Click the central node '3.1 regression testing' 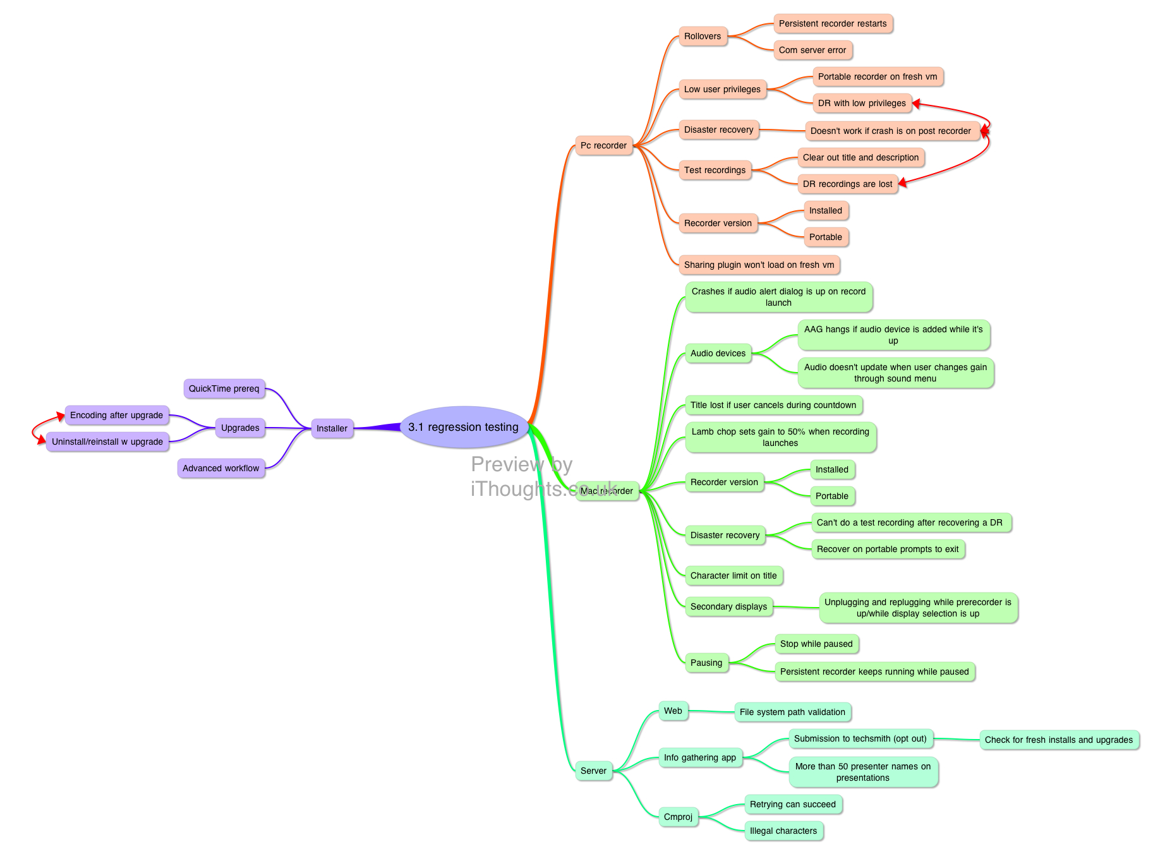click(464, 427)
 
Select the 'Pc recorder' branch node click(603, 145)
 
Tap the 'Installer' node click(332, 428)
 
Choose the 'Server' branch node click(593, 771)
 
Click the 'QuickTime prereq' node click(224, 388)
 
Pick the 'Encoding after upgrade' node click(116, 415)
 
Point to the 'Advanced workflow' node click(220, 468)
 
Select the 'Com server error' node click(812, 50)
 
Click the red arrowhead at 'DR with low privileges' click(916, 104)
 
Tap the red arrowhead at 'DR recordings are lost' click(903, 183)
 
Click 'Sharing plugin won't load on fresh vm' click(759, 265)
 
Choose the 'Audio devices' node click(718, 353)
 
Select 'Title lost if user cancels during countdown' click(773, 405)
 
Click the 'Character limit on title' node click(733, 575)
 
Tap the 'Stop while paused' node click(816, 644)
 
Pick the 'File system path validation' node click(792, 712)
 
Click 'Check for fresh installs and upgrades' click(1059, 740)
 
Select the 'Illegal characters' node click(783, 831)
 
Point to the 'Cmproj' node click(678, 817)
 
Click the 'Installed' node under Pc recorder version click(825, 210)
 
